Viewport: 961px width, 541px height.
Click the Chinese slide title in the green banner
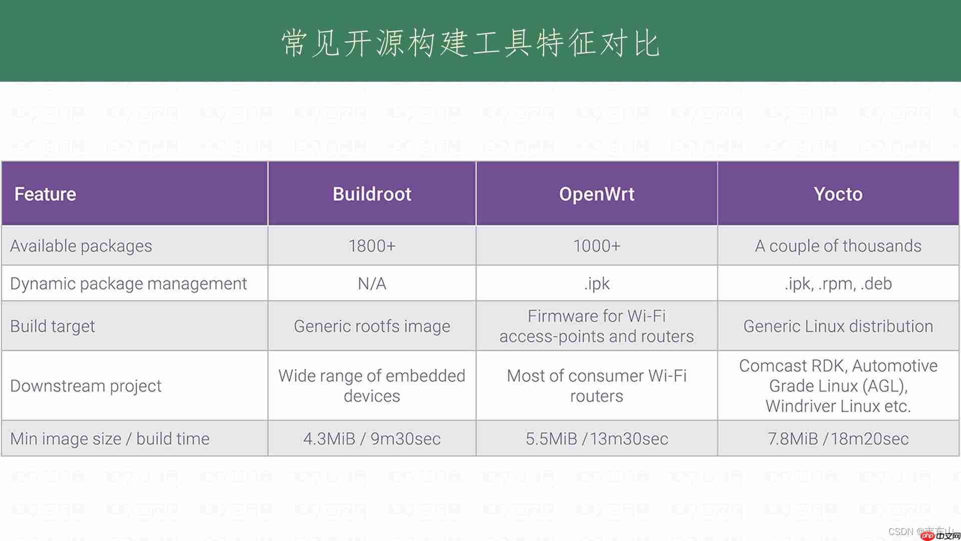tap(470, 43)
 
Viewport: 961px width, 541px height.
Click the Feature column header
tap(45, 194)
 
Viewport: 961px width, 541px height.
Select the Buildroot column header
tap(372, 194)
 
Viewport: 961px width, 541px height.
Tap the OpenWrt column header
tap(597, 194)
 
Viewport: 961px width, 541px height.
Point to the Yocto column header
tap(838, 194)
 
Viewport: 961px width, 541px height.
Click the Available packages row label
tap(81, 246)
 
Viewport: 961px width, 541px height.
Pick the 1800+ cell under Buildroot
tap(372, 246)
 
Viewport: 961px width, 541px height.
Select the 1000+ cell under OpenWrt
tap(597, 246)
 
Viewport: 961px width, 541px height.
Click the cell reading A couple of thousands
tap(838, 246)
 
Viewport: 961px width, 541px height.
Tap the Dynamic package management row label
tap(129, 284)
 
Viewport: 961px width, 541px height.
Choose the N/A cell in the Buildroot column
tap(372, 284)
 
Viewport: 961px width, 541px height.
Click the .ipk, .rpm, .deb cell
tap(838, 284)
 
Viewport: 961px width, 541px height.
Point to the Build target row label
tap(53, 326)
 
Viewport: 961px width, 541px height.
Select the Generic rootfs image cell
tap(372, 326)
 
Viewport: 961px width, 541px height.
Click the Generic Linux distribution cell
tap(838, 326)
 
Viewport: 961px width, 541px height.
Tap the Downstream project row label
tap(86, 386)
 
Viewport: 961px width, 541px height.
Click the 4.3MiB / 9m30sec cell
tap(372, 439)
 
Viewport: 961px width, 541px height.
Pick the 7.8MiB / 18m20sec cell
tap(838, 439)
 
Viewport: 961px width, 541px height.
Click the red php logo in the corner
tap(928, 535)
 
